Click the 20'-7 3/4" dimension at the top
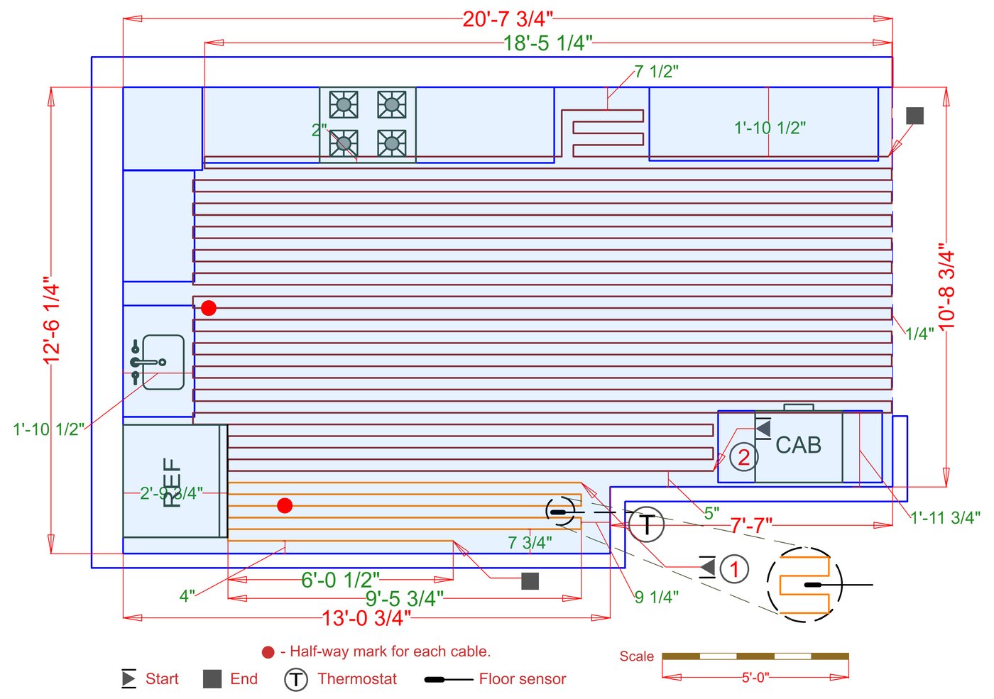tap(507, 18)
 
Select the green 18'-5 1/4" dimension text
tap(547, 43)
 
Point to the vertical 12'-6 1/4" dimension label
tap(52, 320)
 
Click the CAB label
tap(798, 446)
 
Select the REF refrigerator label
tap(173, 482)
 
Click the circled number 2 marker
tap(743, 457)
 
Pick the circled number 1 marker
tap(734, 568)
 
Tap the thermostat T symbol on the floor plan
tap(647, 525)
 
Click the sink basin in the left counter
tap(164, 362)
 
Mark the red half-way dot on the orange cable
tap(285, 505)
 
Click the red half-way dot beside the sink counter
tap(208, 308)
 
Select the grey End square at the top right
tap(914, 116)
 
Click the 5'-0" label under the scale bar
tap(755, 678)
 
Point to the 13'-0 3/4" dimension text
tap(366, 618)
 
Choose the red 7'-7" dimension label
tap(751, 526)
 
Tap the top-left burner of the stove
tap(344, 105)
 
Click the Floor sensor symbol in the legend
tap(448, 679)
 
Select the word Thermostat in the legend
tap(357, 679)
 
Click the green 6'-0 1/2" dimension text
tap(340, 580)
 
